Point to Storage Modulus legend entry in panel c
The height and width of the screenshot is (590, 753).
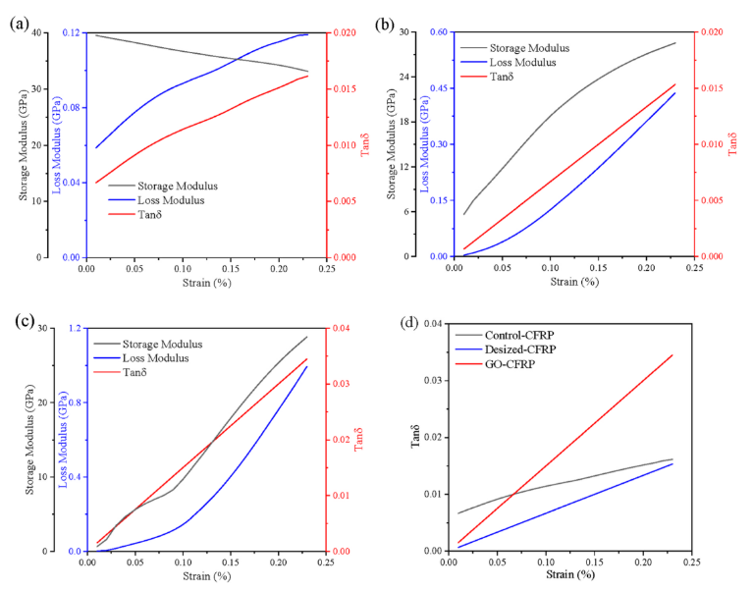pyautogui.click(x=162, y=344)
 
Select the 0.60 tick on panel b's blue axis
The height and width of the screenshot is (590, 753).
pyautogui.click(x=438, y=32)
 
